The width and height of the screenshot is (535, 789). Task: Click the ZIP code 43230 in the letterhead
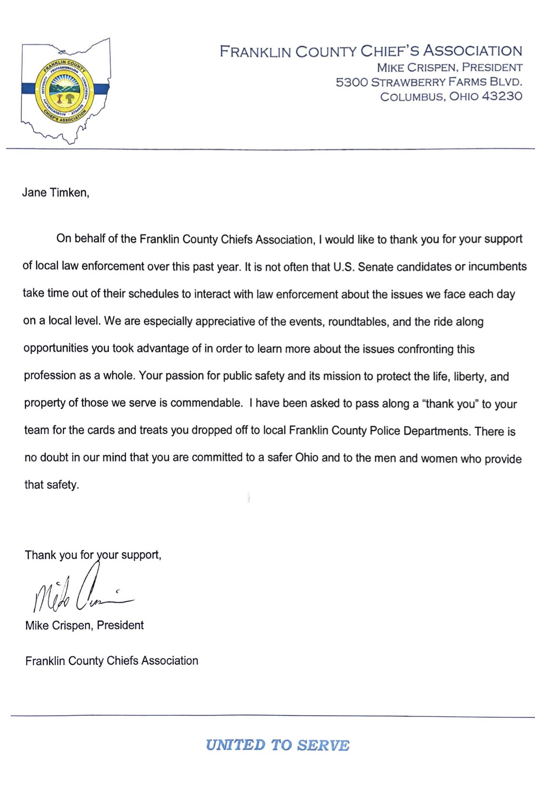click(x=502, y=96)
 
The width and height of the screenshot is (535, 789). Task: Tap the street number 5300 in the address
click(x=352, y=82)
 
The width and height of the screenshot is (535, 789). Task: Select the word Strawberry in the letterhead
click(x=408, y=82)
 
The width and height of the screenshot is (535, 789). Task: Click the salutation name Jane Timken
click(x=55, y=193)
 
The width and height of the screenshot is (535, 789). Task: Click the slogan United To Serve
click(x=278, y=745)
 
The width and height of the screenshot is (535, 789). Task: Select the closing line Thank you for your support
click(x=93, y=555)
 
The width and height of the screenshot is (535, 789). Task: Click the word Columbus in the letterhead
click(x=412, y=96)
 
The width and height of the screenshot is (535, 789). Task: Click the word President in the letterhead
click(x=492, y=67)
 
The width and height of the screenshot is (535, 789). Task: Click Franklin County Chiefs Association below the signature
click(x=112, y=660)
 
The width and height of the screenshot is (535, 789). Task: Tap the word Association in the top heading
click(x=472, y=51)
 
